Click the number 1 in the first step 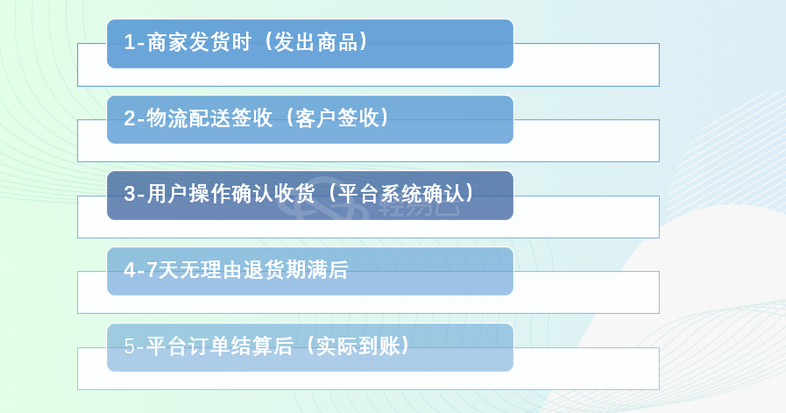coord(130,43)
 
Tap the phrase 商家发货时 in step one coord(199,42)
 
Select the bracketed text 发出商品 coord(315,42)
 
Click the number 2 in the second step coord(130,118)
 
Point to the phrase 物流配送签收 coord(209,117)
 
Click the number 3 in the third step coord(130,194)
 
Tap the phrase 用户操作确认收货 coord(230,194)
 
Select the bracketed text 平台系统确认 coord(400,194)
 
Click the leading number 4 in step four coord(130,270)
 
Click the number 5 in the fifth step coord(130,346)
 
